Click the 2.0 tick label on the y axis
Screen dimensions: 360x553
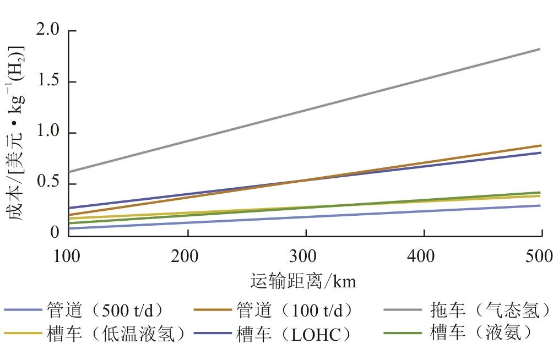coord(47,31)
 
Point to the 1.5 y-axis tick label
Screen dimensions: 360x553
coord(47,81)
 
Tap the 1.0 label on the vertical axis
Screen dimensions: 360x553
coord(47,133)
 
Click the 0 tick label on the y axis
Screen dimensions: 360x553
coord(55,233)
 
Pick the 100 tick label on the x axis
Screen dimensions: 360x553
coord(69,257)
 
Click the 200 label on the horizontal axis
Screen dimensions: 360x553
coord(188,257)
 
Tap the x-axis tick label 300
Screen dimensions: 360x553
coord(306,257)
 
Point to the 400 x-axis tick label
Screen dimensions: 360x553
coord(424,257)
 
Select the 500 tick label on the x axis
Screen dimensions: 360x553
coord(540,257)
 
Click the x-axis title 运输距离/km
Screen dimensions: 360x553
coord(303,281)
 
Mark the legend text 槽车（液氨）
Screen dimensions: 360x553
coord(481,334)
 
